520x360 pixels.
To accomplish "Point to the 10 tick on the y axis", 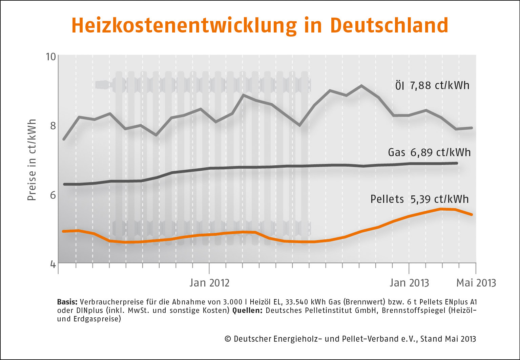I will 50,56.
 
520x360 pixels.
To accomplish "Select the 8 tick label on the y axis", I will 53,126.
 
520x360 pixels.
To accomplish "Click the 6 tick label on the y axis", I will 53,195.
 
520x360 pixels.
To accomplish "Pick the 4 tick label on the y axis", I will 53,264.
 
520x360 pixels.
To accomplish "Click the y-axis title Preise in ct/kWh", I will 32,160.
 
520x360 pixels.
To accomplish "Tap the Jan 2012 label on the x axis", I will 209,283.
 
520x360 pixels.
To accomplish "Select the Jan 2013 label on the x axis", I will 409,283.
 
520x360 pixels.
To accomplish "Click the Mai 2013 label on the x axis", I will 476,283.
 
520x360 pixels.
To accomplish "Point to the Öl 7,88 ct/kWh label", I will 432,85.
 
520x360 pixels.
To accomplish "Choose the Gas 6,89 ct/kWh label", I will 429,152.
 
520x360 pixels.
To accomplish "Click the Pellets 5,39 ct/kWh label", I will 419,199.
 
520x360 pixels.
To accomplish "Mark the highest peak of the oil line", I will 361,86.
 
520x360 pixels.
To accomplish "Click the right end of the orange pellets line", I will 472,214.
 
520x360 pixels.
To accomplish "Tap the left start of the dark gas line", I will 64,184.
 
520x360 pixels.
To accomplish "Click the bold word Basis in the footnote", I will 68,302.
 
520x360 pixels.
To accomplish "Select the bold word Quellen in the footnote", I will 247,310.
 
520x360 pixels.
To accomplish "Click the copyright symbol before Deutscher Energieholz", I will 228,339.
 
